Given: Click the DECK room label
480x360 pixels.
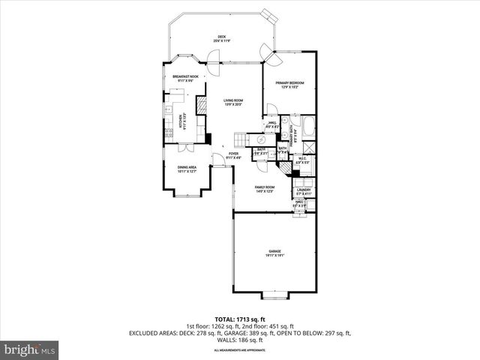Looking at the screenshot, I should tap(221, 37).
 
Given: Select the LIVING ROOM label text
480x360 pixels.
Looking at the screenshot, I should tap(233, 102).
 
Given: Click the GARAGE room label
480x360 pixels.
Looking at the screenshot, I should tap(274, 253).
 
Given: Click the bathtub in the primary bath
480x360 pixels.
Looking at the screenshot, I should tap(308, 124).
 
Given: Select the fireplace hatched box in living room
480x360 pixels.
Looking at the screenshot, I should tap(200, 105).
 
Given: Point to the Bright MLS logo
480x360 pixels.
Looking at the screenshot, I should tap(29, 349).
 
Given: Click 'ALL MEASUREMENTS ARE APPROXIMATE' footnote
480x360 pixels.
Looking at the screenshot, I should tap(239, 350).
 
